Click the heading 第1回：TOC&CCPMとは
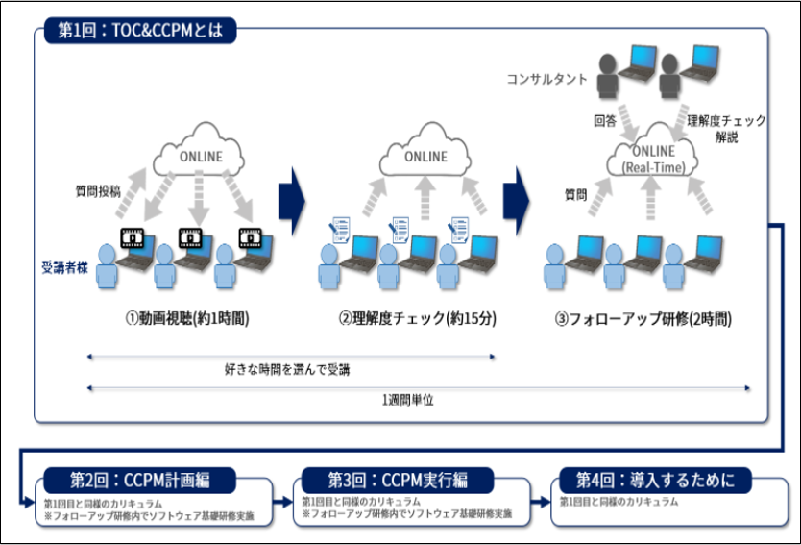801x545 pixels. pyautogui.click(x=140, y=31)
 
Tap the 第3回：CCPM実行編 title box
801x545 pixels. pyautogui.click(x=397, y=479)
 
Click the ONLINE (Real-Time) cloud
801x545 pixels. pyautogui.click(x=653, y=157)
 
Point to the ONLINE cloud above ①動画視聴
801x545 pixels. pyautogui.click(x=200, y=157)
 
